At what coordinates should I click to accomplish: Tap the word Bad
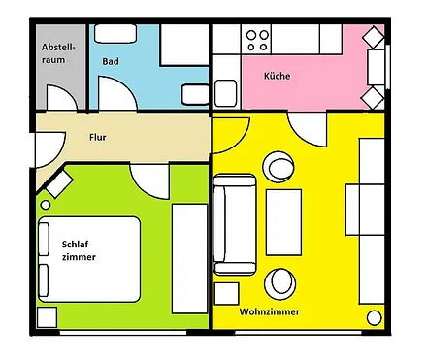click(x=111, y=60)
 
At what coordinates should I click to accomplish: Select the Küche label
click(x=278, y=76)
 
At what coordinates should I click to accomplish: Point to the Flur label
click(x=97, y=137)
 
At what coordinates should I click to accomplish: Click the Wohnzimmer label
click(x=269, y=312)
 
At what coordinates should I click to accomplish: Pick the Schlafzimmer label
click(x=78, y=250)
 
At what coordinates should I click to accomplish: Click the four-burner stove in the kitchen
click(x=257, y=40)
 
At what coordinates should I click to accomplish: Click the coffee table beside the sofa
click(x=283, y=221)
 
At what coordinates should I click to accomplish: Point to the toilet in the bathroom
click(x=194, y=93)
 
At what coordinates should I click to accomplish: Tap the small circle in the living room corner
click(x=374, y=316)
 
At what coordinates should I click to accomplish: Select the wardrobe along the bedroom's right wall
click(x=188, y=258)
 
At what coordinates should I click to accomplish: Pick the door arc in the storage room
click(x=60, y=100)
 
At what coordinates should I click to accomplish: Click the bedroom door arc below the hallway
click(x=150, y=178)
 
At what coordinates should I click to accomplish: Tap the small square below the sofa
click(x=226, y=294)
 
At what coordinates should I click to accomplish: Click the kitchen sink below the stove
click(x=226, y=95)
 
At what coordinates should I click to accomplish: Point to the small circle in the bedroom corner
click(x=45, y=205)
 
